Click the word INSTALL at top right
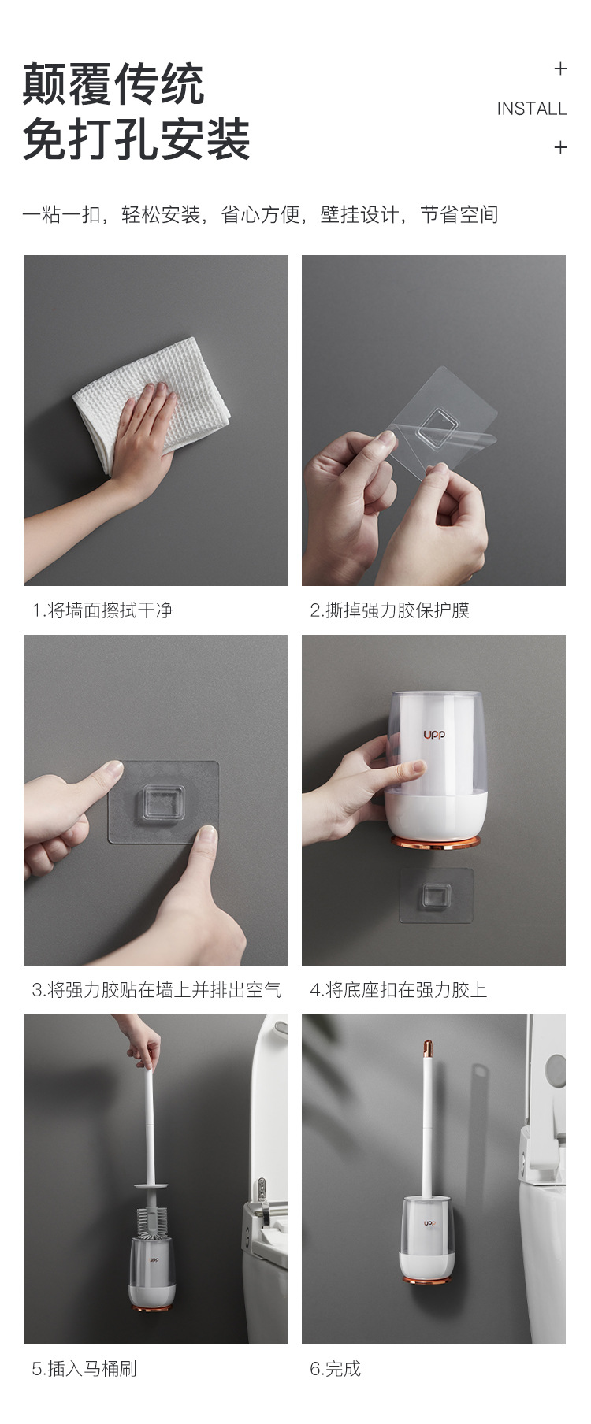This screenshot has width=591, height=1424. point(531,109)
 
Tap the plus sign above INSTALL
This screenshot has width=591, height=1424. point(560,69)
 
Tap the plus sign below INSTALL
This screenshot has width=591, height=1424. point(560,147)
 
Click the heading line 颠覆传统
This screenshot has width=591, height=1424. point(113,84)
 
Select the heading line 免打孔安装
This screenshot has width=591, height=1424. point(136,140)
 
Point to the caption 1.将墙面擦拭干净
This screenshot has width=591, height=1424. point(102,610)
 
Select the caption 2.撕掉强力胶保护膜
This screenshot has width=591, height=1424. point(390,610)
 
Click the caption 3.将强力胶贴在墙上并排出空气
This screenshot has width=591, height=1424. point(156,989)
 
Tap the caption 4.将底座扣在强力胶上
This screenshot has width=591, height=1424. point(399,989)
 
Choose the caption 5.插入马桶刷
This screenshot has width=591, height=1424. point(84,1368)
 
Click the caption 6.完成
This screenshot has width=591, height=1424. point(336,1368)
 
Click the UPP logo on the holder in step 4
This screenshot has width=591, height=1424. point(434,735)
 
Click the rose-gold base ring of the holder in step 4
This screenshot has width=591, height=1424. point(436,844)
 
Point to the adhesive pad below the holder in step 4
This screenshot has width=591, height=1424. point(436,895)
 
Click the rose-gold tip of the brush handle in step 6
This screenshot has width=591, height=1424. point(429,1048)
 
